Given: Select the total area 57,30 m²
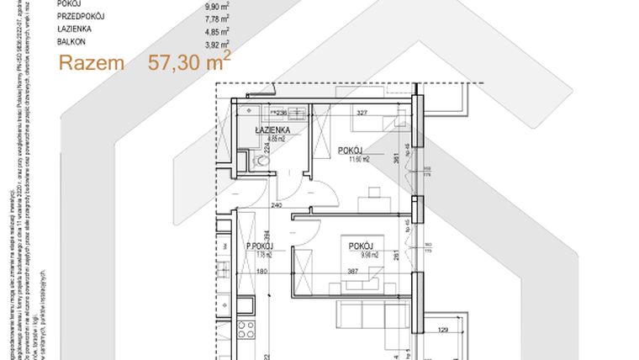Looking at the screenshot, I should click(189, 61).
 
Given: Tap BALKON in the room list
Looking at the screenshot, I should click(71, 40).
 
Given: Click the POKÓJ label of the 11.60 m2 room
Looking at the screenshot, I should click(351, 151).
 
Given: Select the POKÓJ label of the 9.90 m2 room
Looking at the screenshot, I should click(364, 245).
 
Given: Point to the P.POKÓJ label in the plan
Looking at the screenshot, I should click(261, 246).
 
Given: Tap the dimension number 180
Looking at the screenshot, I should click(261, 272).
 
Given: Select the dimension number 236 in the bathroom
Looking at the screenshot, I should click(283, 113).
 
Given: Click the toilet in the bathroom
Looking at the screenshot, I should click(245, 159).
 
